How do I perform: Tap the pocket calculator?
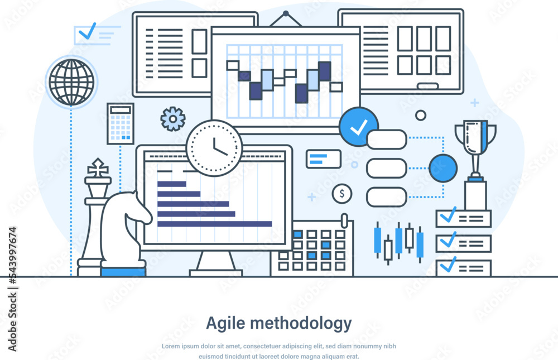121,124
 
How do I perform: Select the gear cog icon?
172,118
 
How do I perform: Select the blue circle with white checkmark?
358,127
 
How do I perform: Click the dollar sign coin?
342,194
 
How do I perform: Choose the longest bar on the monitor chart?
214,224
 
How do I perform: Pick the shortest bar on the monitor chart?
171,184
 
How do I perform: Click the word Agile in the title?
225,323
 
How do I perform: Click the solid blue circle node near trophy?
443,168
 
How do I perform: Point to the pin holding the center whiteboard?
286,13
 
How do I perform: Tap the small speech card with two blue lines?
323,159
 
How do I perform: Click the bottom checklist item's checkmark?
448,265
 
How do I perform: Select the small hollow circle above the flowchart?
421,115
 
